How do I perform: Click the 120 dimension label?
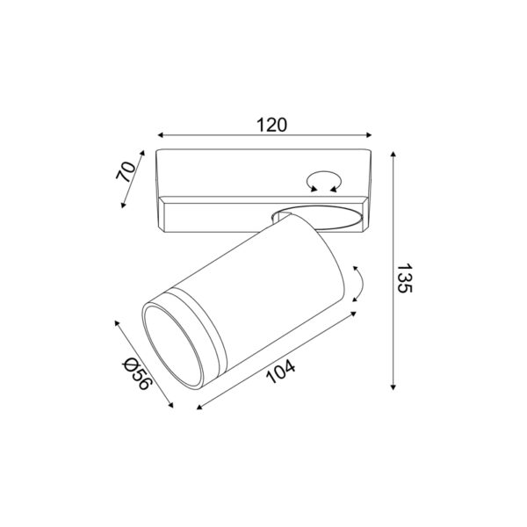[x=272, y=125]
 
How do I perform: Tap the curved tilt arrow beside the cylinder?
[x=359, y=283]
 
